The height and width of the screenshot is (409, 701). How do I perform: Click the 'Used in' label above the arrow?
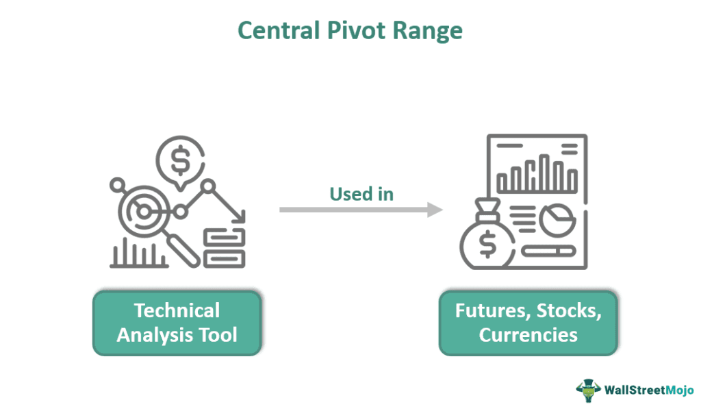click(361, 194)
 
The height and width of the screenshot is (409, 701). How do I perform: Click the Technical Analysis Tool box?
click(177, 323)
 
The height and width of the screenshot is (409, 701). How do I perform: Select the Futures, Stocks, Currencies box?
click(528, 323)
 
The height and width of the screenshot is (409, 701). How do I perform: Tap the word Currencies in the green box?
click(528, 335)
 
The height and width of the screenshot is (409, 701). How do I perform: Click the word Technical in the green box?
click(177, 310)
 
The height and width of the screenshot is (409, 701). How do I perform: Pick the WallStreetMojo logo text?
click(648, 390)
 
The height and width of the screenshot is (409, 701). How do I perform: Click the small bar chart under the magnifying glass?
click(131, 256)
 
